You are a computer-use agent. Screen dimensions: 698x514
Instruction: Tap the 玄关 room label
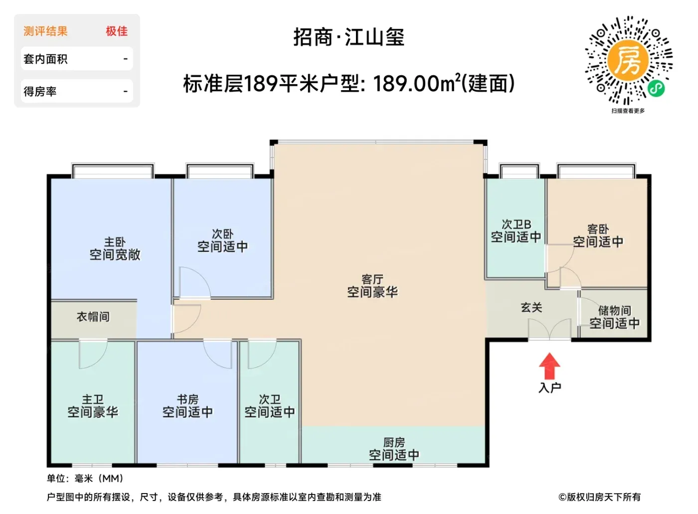click(531, 308)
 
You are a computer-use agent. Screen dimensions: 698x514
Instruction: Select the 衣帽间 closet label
click(93, 317)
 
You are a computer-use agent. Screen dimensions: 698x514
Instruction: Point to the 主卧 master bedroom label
click(115, 242)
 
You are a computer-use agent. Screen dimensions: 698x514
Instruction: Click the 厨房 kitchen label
click(394, 442)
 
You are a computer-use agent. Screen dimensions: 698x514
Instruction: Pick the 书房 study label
click(187, 399)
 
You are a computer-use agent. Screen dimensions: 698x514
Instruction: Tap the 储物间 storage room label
click(614, 310)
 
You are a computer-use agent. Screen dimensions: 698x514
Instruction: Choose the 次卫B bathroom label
click(516, 224)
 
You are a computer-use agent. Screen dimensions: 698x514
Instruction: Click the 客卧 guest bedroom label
click(598, 229)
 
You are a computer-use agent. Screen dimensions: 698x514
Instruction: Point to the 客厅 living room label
click(372, 279)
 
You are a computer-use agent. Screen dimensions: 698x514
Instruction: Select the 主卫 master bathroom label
click(93, 399)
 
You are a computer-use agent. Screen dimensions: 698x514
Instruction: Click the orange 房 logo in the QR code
click(628, 60)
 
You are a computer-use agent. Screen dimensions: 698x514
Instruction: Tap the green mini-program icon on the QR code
click(656, 89)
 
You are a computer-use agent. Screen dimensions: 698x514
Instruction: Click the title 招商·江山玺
click(349, 37)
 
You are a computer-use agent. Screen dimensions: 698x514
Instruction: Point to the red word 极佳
click(117, 31)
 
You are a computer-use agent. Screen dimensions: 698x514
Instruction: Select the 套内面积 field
click(77, 59)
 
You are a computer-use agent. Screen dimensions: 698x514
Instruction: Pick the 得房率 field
click(77, 91)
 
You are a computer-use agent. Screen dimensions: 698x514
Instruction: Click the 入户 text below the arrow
click(549, 388)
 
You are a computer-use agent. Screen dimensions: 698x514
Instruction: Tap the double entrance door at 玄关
click(549, 329)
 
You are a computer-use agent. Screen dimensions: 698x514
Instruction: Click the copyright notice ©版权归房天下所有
click(599, 497)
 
